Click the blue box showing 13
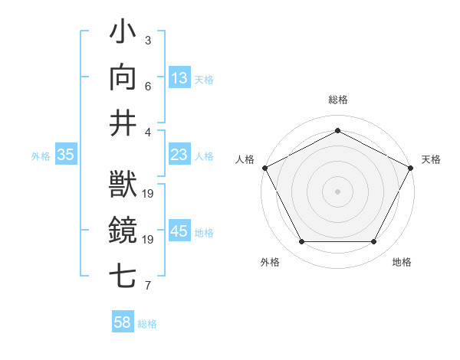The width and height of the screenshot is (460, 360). click(x=179, y=77)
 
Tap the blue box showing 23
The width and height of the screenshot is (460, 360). click(x=179, y=155)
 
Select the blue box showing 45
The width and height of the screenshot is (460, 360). click(x=179, y=232)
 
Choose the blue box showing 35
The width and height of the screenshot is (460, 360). click(x=65, y=155)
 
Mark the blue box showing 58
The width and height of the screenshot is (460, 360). click(x=122, y=322)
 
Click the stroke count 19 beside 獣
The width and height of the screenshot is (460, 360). click(x=149, y=193)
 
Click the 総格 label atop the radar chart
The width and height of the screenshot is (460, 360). click(x=337, y=100)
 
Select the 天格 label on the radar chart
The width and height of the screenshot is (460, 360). click(x=431, y=159)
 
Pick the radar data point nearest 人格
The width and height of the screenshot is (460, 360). click(x=264, y=167)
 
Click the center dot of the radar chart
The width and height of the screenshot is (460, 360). click(x=337, y=191)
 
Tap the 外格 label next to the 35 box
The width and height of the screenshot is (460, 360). click(x=41, y=155)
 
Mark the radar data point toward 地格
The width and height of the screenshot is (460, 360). click(x=373, y=241)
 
